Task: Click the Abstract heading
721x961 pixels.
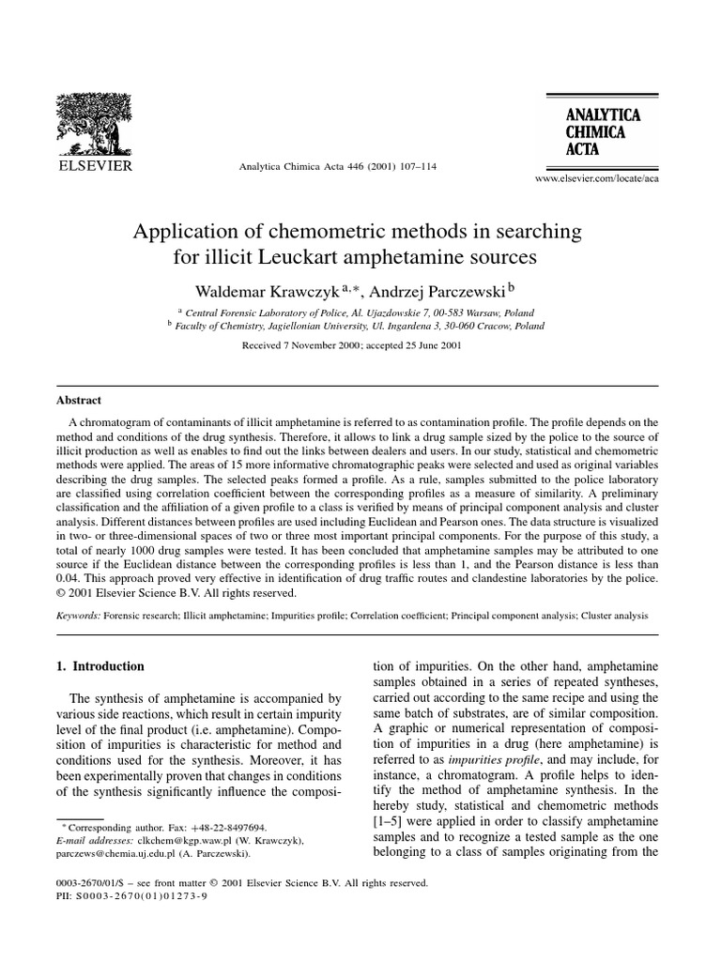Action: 79,399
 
